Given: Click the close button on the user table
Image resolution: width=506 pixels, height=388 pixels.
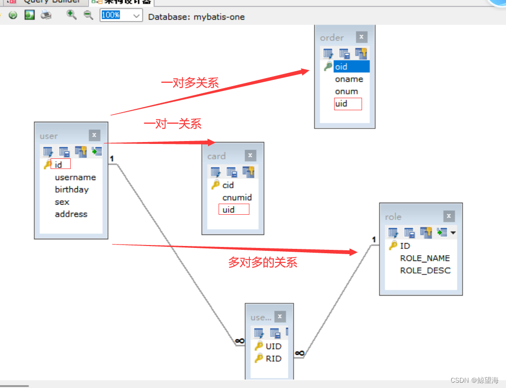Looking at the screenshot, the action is (94, 136).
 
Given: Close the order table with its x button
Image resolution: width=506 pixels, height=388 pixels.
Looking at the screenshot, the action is (362, 37).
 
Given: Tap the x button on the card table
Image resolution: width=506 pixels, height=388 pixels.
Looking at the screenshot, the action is (250, 155).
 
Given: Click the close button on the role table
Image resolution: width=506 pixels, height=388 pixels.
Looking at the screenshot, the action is (449, 216).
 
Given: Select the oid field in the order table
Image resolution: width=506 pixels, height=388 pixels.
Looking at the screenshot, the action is (341, 67).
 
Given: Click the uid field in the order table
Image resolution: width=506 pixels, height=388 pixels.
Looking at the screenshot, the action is (341, 103).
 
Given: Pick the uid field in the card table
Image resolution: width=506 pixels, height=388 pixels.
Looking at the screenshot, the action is (229, 209).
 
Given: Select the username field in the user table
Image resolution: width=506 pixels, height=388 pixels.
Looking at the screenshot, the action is (75, 177).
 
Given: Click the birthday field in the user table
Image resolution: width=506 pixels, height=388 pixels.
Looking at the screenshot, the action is (72, 189).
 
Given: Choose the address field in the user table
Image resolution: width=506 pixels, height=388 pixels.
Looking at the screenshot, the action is (71, 214).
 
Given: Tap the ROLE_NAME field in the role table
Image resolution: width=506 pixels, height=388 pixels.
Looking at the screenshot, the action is (425, 258).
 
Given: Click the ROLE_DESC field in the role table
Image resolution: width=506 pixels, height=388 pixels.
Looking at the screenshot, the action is (425, 271).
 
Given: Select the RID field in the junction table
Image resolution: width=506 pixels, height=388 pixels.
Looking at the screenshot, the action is (273, 358).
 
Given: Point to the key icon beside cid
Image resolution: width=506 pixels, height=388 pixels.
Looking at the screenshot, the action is (215, 185).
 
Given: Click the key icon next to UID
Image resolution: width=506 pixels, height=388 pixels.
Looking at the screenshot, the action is (259, 346).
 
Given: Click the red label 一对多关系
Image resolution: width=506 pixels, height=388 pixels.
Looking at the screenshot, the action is (190, 83).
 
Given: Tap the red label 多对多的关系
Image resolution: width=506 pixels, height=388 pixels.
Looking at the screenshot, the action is (262, 262).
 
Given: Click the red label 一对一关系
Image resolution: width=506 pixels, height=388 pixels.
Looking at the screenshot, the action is (172, 124).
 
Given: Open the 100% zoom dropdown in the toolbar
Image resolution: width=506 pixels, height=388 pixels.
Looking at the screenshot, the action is (136, 15).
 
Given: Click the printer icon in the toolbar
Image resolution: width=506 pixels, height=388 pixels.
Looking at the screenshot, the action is (46, 15).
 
